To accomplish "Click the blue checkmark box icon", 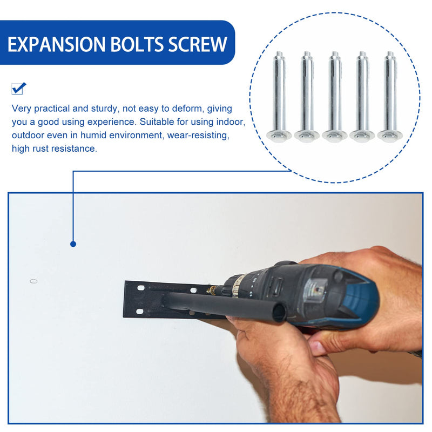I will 18,88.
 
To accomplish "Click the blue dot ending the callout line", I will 73,244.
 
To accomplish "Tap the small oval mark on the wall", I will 33,281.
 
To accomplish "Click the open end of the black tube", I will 279,313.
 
